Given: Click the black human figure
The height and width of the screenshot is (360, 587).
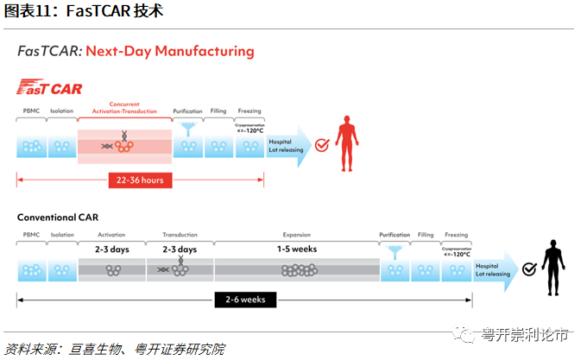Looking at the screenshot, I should (x=554, y=267).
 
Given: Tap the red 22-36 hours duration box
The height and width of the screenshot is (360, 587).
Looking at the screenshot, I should (x=141, y=180).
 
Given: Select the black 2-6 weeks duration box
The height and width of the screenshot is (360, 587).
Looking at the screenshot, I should (x=245, y=300).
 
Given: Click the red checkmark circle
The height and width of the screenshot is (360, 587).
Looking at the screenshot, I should (x=320, y=145).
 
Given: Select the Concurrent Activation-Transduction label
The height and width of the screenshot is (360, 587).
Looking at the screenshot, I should (x=124, y=108).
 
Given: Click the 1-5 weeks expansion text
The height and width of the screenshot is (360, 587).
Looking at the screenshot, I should (x=296, y=249).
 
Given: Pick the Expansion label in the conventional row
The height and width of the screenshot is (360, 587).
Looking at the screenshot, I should (x=296, y=235).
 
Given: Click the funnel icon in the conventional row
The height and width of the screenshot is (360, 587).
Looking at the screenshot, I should (x=394, y=252).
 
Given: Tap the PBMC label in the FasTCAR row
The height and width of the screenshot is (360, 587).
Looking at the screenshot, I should (x=31, y=111).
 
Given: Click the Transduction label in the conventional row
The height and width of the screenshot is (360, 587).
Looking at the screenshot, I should (x=180, y=235).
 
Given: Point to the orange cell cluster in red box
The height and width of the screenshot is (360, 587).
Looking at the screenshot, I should (x=124, y=144).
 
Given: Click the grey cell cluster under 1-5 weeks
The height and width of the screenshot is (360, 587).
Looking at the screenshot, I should (x=296, y=269).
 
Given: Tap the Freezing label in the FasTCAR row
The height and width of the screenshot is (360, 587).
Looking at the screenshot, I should (x=249, y=111).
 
